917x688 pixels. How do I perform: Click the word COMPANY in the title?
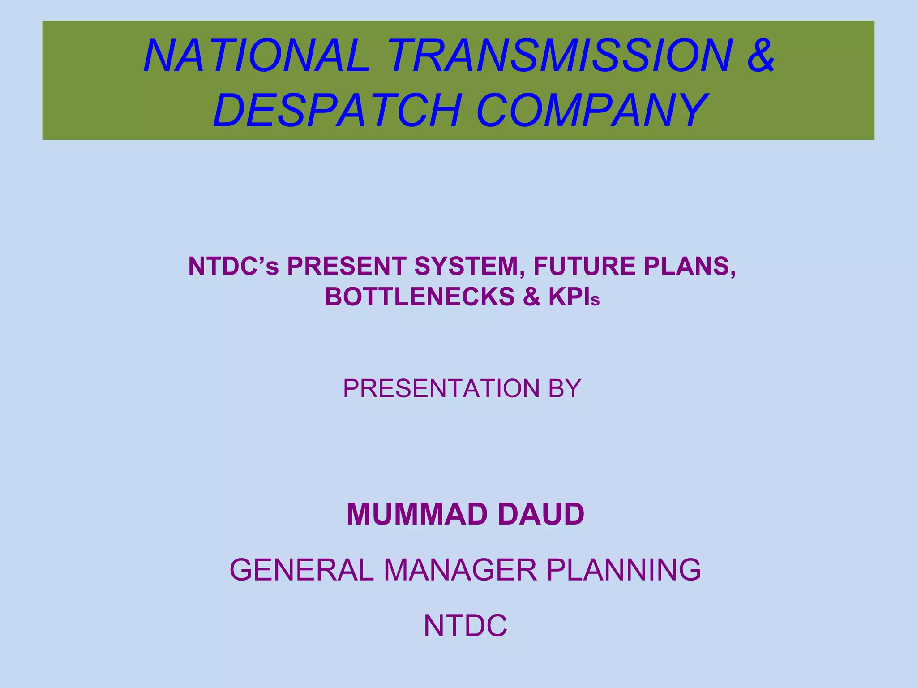(592, 110)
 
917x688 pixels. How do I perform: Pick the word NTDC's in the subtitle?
(233, 267)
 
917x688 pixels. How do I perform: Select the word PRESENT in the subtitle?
(347, 267)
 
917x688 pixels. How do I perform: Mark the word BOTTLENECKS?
(420, 297)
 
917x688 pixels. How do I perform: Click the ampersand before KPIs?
(531, 297)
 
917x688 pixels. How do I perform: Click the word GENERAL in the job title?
(301, 570)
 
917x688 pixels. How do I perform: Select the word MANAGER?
(460, 570)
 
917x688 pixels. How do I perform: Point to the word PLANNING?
(624, 570)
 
